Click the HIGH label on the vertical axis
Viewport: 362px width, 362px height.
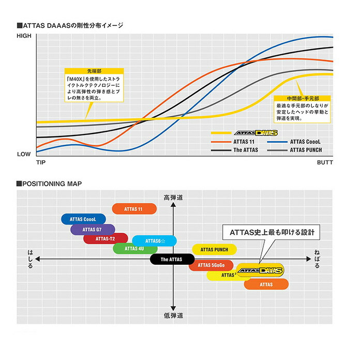(24, 36)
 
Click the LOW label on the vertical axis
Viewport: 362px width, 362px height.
(24, 154)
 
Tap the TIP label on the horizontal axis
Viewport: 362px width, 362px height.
(41, 163)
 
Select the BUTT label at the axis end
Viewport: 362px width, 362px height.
(324, 163)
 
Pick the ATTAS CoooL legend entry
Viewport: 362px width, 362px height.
(306, 141)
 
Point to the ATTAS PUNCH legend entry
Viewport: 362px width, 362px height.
(306, 150)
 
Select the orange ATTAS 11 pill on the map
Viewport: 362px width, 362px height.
(134, 209)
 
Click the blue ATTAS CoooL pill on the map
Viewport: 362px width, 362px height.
(83, 219)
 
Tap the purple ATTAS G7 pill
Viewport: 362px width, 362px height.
(93, 229)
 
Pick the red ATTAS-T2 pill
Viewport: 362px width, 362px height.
(106, 238)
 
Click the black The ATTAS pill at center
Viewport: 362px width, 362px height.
(173, 259)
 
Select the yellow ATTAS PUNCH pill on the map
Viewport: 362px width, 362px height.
(214, 249)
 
